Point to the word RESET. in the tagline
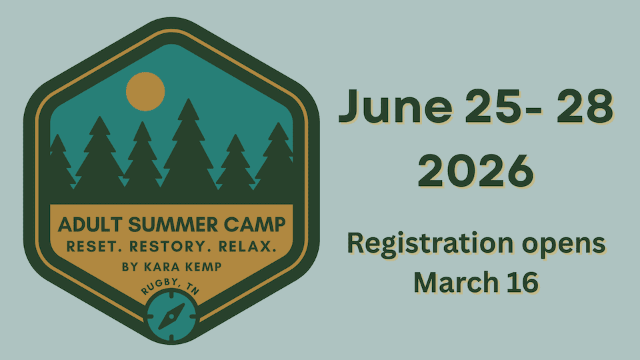[90, 247]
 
